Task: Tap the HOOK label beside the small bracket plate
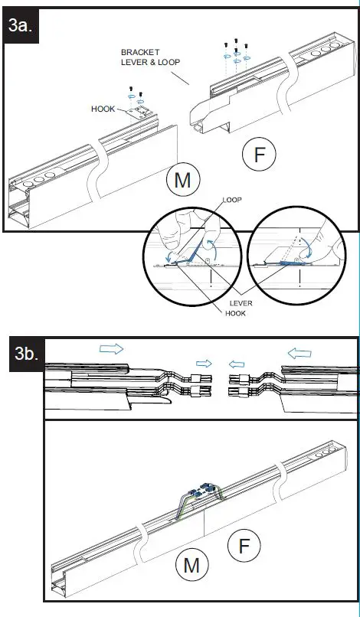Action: point(103,109)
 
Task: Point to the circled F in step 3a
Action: point(260,155)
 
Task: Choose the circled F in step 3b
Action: point(244,546)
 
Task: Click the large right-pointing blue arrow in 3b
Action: point(111,348)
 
